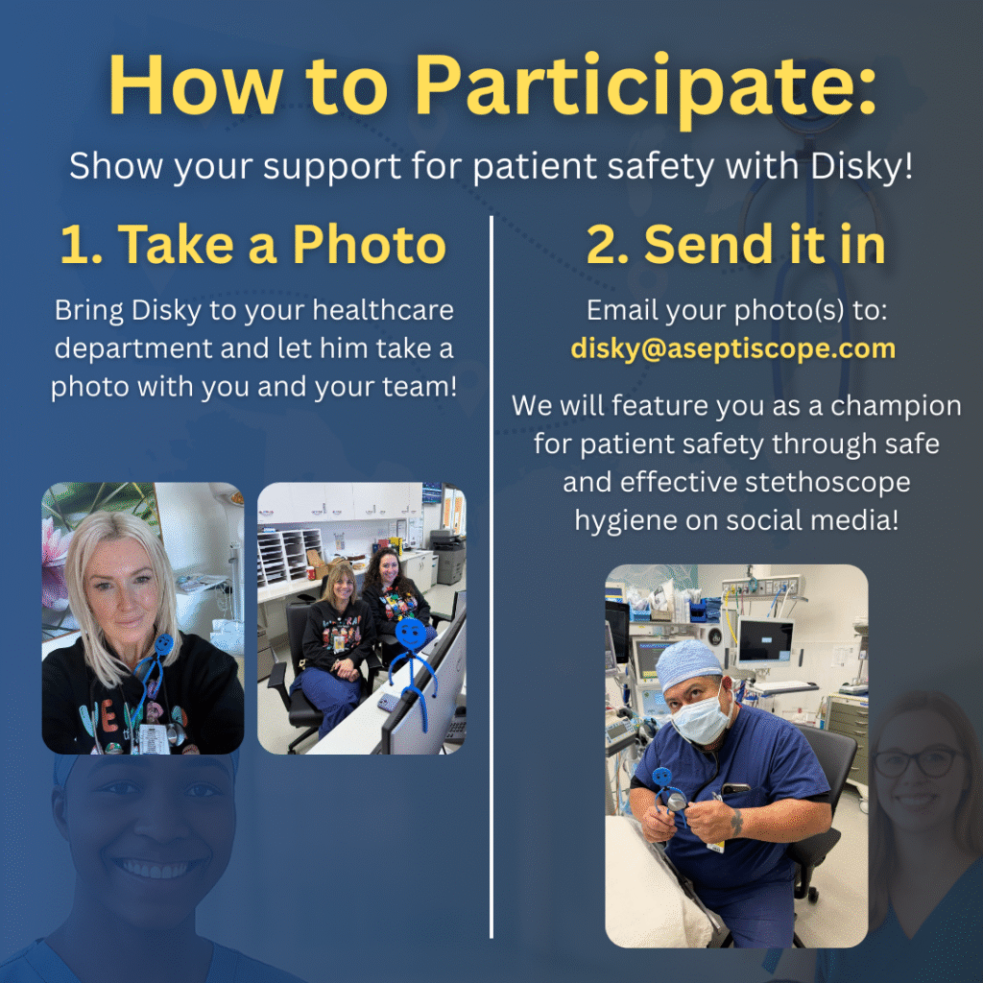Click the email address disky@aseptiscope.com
(733, 348)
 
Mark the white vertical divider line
(491, 576)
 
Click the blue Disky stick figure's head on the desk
(411, 634)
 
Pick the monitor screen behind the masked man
(765, 640)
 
